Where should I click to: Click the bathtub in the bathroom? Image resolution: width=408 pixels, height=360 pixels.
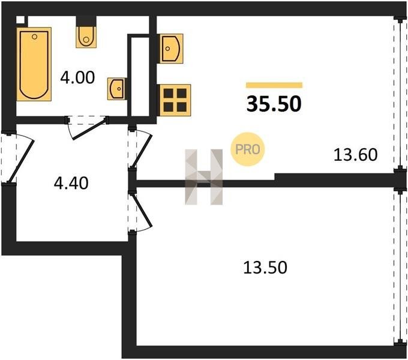click(x=34, y=63)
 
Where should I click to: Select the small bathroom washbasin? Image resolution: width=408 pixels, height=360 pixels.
click(x=116, y=89)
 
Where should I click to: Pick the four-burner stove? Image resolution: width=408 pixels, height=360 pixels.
click(x=174, y=99)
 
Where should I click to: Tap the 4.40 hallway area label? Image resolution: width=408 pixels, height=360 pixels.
click(x=71, y=181)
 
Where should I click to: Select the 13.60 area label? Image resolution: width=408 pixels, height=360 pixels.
click(x=355, y=155)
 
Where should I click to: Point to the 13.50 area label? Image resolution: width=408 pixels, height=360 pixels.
click(x=265, y=267)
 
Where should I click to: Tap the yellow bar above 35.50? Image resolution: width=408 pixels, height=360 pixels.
click(x=274, y=85)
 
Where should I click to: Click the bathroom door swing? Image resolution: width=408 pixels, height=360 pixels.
click(x=86, y=128)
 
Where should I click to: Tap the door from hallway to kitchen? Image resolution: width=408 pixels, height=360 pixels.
click(x=140, y=149)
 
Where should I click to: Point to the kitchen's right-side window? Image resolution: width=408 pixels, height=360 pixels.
click(x=397, y=93)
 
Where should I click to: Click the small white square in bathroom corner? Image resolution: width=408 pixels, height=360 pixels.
click(x=21, y=19)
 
